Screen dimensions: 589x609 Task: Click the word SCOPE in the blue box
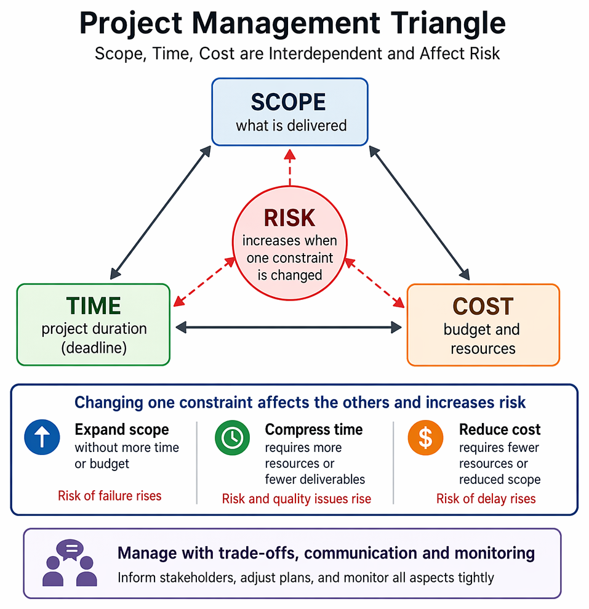(x=288, y=102)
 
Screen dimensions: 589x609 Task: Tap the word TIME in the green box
(x=94, y=305)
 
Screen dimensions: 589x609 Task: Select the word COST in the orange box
(x=483, y=306)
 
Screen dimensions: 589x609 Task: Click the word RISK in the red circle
(x=290, y=217)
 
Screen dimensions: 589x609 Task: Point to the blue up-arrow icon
(x=42, y=437)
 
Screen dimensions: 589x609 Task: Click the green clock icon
(x=232, y=437)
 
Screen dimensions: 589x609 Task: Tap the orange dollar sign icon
(x=425, y=437)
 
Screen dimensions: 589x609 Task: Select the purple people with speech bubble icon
(x=70, y=563)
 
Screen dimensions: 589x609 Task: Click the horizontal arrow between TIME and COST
(x=289, y=328)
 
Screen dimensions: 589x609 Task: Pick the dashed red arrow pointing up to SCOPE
(x=290, y=167)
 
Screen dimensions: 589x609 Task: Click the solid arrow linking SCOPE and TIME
(x=161, y=212)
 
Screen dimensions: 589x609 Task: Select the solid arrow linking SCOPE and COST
(x=419, y=213)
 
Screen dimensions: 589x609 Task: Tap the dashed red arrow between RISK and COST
(x=375, y=283)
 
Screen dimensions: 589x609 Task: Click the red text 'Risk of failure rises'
(x=110, y=496)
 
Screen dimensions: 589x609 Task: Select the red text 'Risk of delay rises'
(x=486, y=499)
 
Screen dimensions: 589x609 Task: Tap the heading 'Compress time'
(x=314, y=430)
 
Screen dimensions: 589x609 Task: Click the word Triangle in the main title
(x=448, y=23)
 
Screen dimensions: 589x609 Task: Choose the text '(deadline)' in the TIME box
(x=94, y=348)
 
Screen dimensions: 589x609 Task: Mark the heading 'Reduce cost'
(x=500, y=430)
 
